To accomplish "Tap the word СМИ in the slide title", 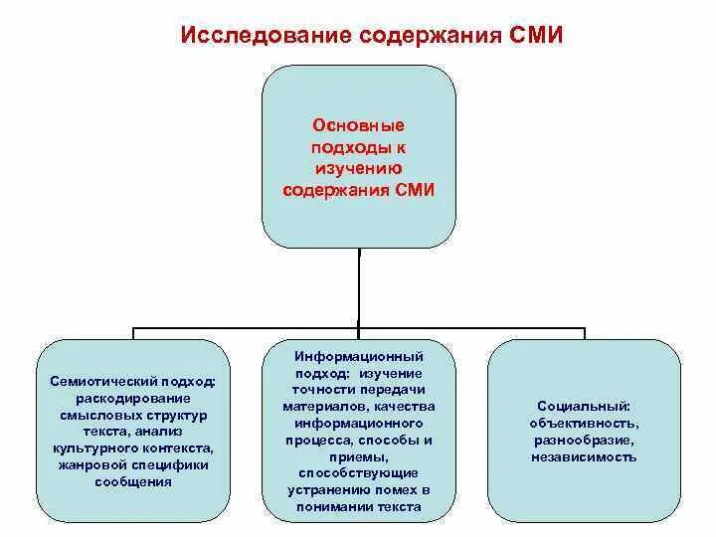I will (535, 36).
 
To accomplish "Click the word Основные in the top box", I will (359, 126).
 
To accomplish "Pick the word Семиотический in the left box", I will (105, 381).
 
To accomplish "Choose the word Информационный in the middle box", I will (359, 355).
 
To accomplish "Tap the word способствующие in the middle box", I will (359, 472).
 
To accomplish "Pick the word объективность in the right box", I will (584, 423).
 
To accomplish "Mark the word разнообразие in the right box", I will (584, 440).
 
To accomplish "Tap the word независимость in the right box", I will (584, 456).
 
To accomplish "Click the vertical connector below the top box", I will (359, 288).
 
